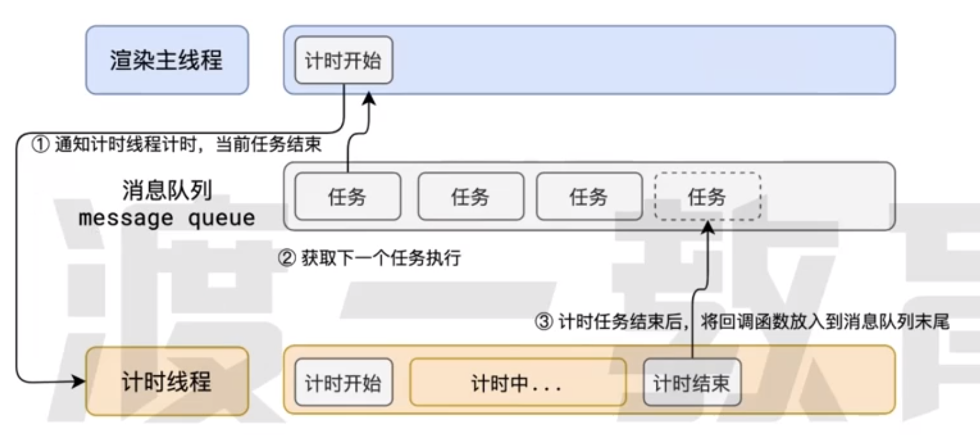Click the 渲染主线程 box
pyautogui.click(x=167, y=60)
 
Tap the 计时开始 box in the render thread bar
pyautogui.click(x=343, y=60)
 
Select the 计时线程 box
pyautogui.click(x=167, y=381)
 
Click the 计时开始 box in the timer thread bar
pyautogui.click(x=343, y=382)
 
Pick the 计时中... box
pyautogui.click(x=517, y=382)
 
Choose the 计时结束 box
pyautogui.click(x=692, y=382)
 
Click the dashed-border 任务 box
pyautogui.click(x=707, y=197)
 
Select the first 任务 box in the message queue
pyautogui.click(x=347, y=197)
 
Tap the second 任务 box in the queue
pyautogui.click(x=470, y=197)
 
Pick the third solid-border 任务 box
pyautogui.click(x=589, y=197)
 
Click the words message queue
pyautogui.click(x=167, y=218)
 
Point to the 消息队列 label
pyautogui.click(x=167, y=190)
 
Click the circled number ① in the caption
pyautogui.click(x=41, y=144)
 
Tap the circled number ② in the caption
pyautogui.click(x=287, y=258)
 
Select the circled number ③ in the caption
pyautogui.click(x=544, y=322)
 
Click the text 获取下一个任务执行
pyautogui.click(x=381, y=258)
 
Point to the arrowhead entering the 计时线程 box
pyautogui.click(x=79, y=381)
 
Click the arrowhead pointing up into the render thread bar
pyautogui.click(x=369, y=99)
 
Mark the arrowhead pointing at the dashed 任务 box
pyautogui.click(x=708, y=227)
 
